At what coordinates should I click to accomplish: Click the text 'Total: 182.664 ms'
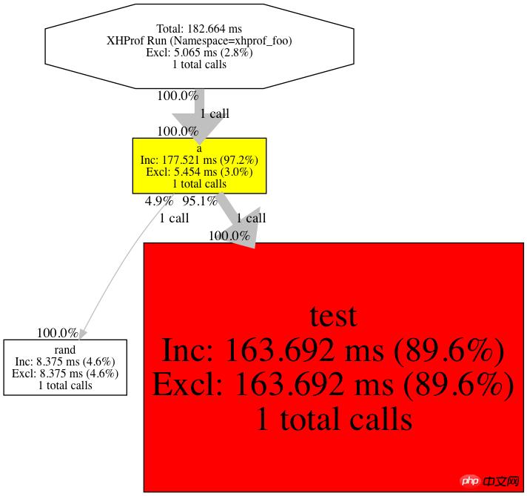tap(199, 29)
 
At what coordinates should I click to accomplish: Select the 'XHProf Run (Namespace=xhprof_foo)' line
tap(199, 41)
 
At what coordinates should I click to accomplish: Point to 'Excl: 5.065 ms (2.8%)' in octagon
tap(199, 53)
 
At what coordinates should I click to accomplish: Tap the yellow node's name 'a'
tap(199, 148)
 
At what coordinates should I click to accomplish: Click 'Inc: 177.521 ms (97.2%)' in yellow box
tap(199, 159)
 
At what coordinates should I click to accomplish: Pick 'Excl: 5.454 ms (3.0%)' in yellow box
tap(199, 171)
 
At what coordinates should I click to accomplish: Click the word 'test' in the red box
tap(333, 316)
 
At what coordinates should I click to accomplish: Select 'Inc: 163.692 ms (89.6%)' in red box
tap(333, 350)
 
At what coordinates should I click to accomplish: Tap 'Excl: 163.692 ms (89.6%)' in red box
tap(333, 384)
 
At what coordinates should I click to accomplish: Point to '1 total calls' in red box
tap(333, 419)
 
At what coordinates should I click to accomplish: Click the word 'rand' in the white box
tap(65, 350)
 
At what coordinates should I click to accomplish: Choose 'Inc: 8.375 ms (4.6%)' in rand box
tap(65, 362)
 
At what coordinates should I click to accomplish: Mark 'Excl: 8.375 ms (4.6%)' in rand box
tap(65, 374)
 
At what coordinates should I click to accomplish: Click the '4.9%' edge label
tap(158, 201)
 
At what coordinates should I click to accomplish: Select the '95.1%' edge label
tap(200, 201)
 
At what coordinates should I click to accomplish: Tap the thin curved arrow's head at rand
tap(82, 334)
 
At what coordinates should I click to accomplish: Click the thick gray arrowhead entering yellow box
tap(197, 126)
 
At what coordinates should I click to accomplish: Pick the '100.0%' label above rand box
tap(57, 334)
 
